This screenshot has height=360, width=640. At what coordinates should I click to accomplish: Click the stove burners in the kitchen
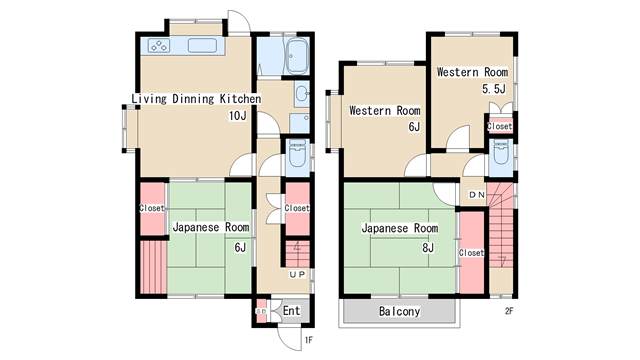click(158, 45)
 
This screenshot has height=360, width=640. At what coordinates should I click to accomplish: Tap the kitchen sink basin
click(202, 45)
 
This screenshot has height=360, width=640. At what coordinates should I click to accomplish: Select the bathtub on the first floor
click(297, 57)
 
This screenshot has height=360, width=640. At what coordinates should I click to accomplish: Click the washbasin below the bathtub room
click(302, 94)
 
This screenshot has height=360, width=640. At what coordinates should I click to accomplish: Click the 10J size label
click(237, 116)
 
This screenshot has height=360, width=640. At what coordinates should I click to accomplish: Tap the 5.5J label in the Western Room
click(493, 89)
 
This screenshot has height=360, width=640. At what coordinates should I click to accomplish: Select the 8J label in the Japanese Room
click(428, 247)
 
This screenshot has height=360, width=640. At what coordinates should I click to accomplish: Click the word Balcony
click(399, 311)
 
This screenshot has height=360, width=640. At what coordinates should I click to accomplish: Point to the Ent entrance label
click(291, 311)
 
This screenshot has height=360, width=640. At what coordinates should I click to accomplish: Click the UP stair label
click(297, 275)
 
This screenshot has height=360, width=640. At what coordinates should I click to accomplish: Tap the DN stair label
click(477, 195)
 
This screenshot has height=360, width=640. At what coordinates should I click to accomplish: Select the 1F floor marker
click(308, 340)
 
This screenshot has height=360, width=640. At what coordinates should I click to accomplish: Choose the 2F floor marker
click(509, 311)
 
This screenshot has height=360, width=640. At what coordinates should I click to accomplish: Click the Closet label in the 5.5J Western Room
click(500, 127)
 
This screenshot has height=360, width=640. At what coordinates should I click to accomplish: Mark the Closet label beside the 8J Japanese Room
click(471, 253)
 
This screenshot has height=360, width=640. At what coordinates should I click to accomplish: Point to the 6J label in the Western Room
click(414, 127)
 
